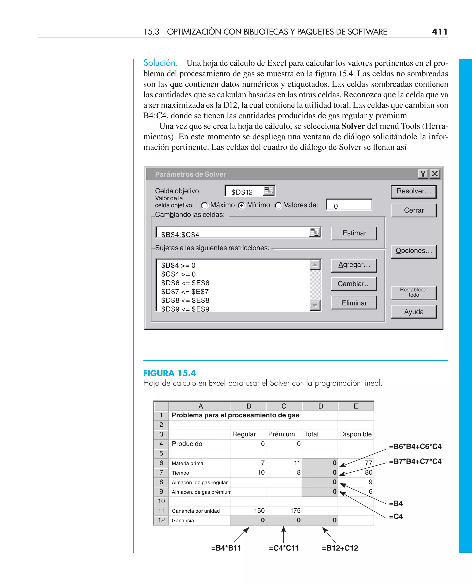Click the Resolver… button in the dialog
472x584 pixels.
click(x=413, y=192)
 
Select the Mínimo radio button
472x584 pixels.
click(x=241, y=205)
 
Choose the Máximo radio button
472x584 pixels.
click(x=205, y=205)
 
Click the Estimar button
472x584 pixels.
click(x=354, y=233)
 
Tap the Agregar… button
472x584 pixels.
click(x=354, y=265)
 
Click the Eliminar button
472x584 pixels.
click(x=354, y=303)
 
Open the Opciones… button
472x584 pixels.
click(x=413, y=251)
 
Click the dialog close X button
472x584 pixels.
click(x=435, y=174)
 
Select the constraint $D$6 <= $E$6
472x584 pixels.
click(x=185, y=283)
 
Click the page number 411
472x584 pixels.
click(x=439, y=32)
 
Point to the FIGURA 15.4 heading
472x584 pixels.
click(x=170, y=373)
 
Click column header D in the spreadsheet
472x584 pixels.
click(x=321, y=406)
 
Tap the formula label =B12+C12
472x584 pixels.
click(x=340, y=548)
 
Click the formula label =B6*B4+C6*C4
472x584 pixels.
click(x=415, y=447)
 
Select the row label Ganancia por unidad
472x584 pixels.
click(x=195, y=511)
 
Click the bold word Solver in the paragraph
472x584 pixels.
click(x=353, y=126)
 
